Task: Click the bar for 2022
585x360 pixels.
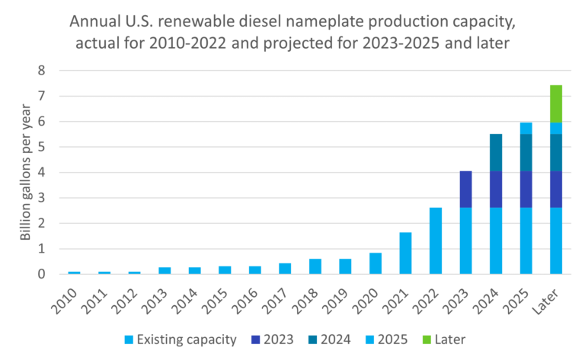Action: point(435,241)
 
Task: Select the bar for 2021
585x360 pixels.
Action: point(405,253)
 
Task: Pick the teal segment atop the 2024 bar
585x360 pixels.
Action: point(495,152)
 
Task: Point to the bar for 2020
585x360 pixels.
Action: point(375,263)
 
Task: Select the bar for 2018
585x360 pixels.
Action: point(315,266)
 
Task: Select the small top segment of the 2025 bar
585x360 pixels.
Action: point(526,128)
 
